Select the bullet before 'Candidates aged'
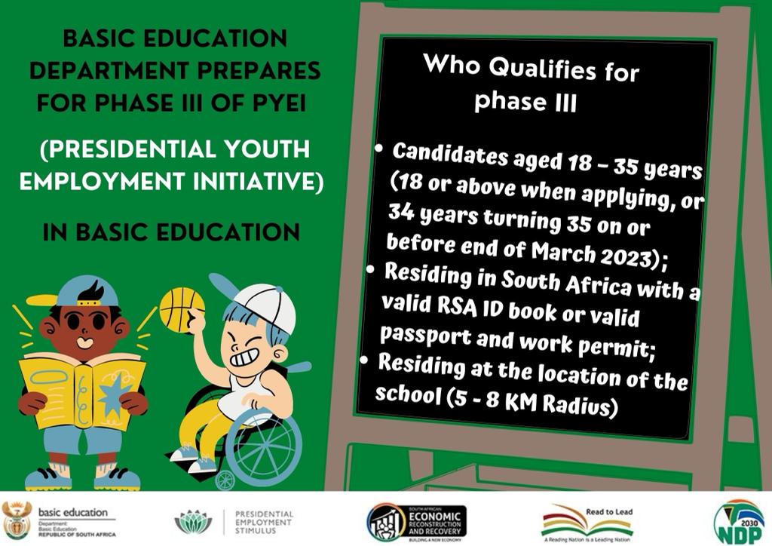[x=380, y=149]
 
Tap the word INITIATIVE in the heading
[x=252, y=183]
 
